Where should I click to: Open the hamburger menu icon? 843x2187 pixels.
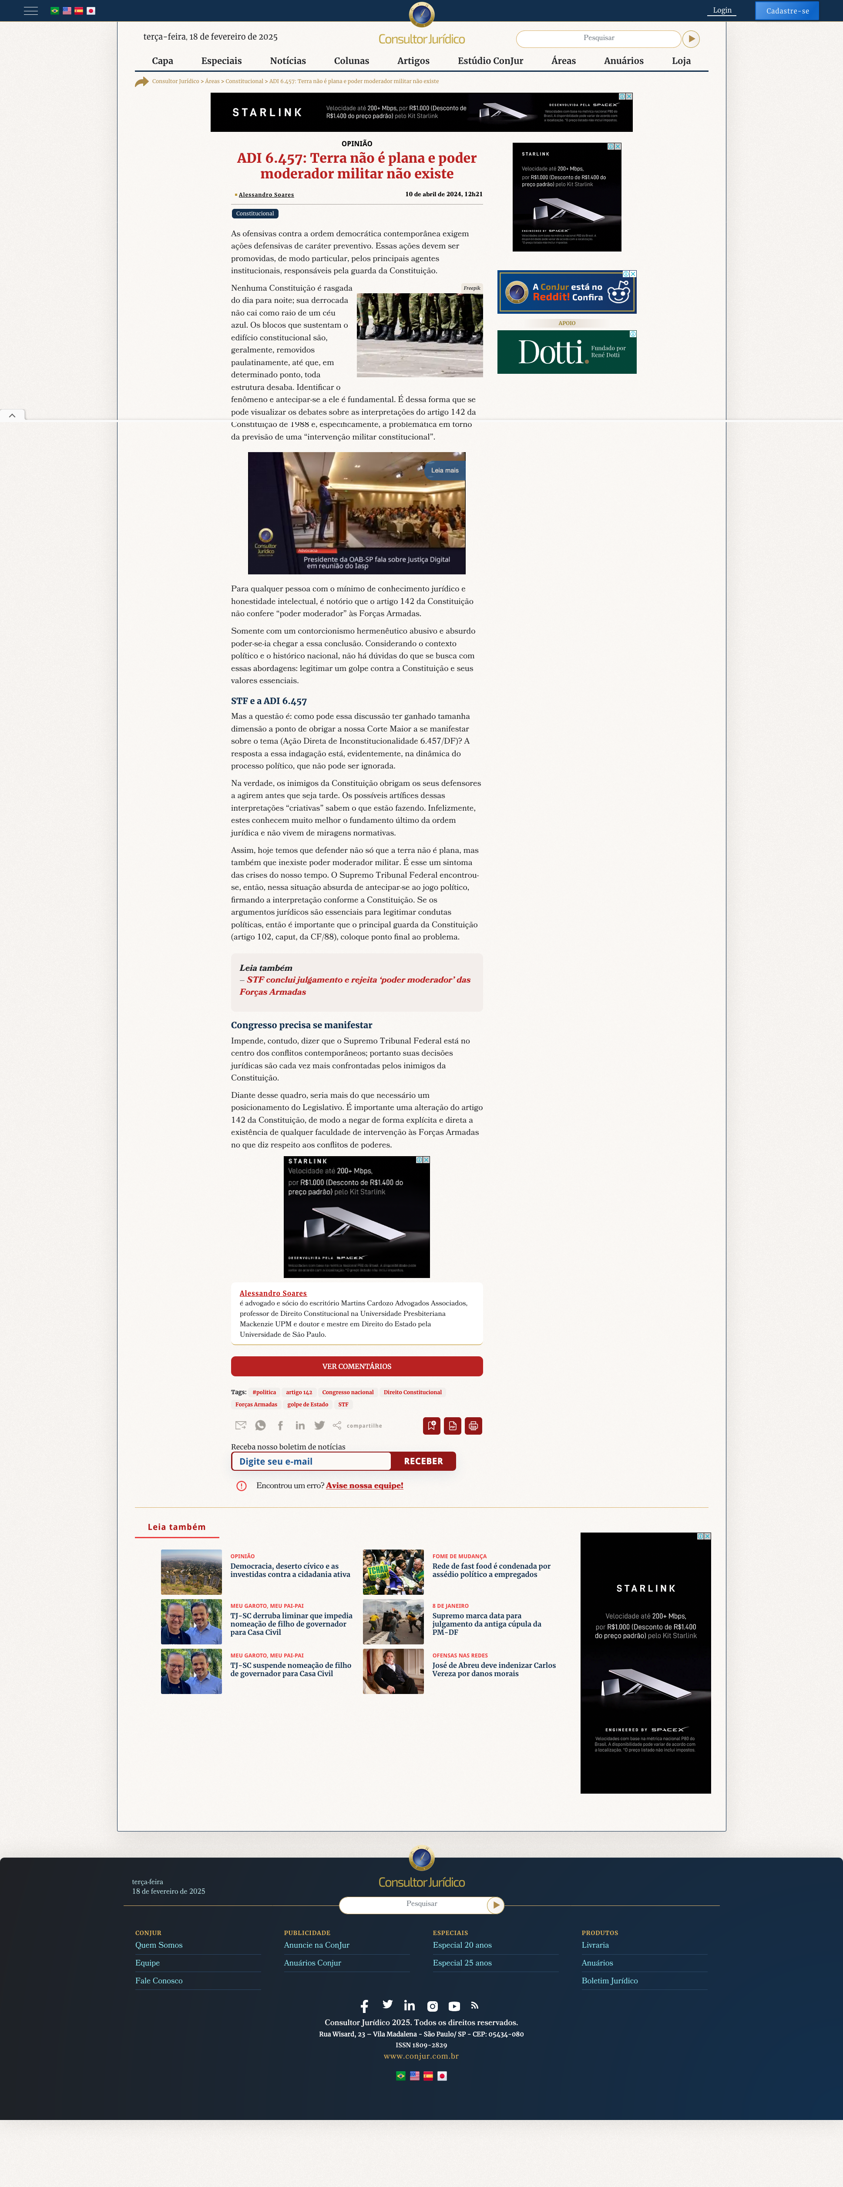coord(30,11)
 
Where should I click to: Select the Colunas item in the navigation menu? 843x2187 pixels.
coord(352,61)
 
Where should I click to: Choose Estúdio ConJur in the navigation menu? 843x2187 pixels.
coord(490,61)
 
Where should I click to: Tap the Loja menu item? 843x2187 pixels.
coord(681,61)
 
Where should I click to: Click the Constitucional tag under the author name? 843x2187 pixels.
coord(255,214)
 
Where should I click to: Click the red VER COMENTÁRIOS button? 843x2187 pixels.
coord(356,1366)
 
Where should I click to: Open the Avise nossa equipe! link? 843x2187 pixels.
coord(364,1486)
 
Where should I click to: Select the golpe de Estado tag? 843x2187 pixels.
coord(307,1404)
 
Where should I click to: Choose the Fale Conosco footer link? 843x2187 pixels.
coord(159,1981)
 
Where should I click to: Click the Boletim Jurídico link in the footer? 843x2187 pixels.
coord(610,1981)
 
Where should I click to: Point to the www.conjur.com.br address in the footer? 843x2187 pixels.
coord(421,2056)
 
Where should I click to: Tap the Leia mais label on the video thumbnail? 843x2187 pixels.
coord(444,470)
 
